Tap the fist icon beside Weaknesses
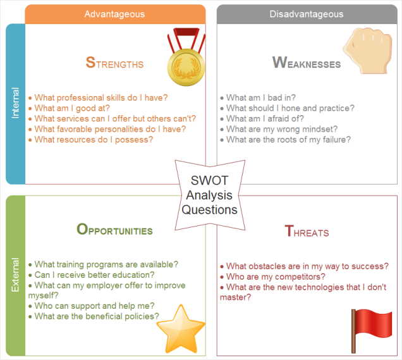tap(368, 51)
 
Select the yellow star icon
tap(181, 329)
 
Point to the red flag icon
tap(372, 331)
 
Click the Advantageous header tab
tap(115, 14)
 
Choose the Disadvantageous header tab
tap(307, 14)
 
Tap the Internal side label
tap(15, 104)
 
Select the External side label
tap(15, 275)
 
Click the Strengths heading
tap(114, 63)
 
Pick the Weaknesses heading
tap(307, 63)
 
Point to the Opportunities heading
tap(114, 229)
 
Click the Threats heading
tap(307, 231)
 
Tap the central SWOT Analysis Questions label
tap(210, 195)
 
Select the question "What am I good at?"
tap(72, 108)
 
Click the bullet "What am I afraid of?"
tap(265, 118)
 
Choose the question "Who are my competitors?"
tap(276, 277)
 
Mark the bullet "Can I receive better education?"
tap(94, 275)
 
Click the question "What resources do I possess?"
tap(94, 140)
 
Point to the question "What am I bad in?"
tap(261, 98)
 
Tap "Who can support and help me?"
tap(94, 306)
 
